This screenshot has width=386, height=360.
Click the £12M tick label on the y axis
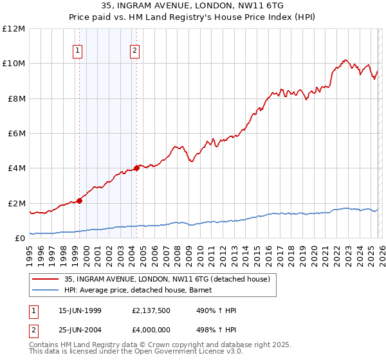(14, 29)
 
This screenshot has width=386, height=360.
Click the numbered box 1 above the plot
(77, 51)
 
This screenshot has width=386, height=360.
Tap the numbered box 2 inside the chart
(134, 51)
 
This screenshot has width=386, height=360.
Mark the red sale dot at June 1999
(80, 201)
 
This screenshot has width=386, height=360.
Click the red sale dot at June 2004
(136, 168)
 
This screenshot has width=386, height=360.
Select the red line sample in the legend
(46, 279)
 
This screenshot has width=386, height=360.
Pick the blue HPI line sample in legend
(46, 290)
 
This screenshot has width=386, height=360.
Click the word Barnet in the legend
(210, 290)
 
